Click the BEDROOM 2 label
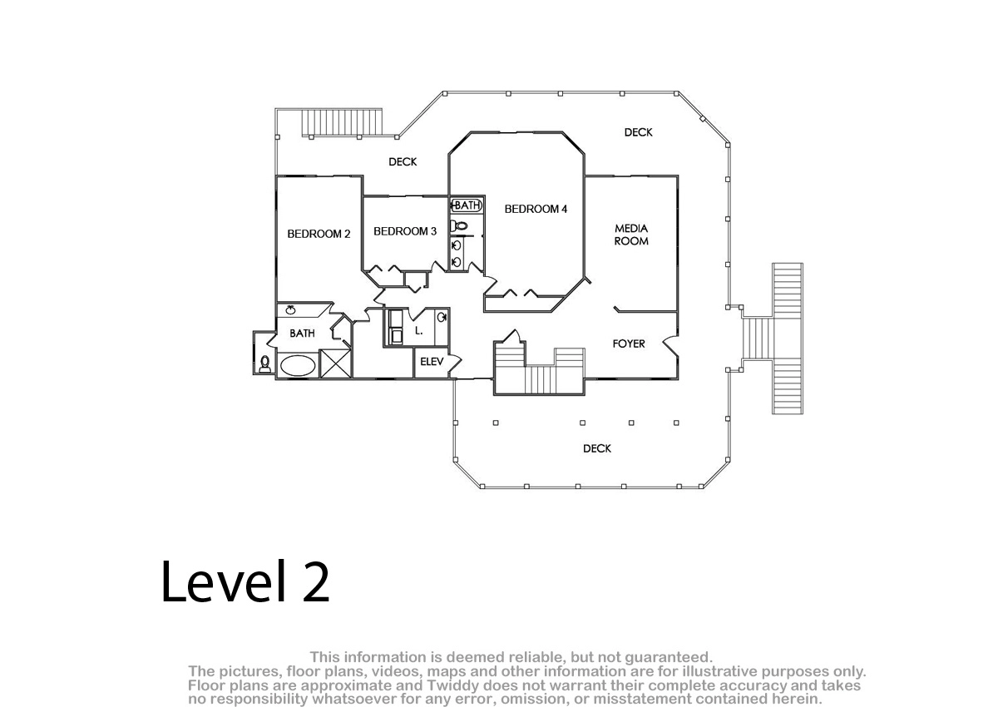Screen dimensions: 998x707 click(x=319, y=234)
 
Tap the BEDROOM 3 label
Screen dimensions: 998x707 click(x=405, y=231)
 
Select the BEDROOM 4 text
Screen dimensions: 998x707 click(x=536, y=209)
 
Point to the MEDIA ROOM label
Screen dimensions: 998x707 click(x=631, y=235)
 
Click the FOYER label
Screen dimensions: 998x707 click(x=629, y=344)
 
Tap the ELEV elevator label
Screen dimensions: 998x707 click(x=432, y=362)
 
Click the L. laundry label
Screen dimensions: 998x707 click(x=418, y=331)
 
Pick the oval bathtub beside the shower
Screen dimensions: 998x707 click(x=298, y=365)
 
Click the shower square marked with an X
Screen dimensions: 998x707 click(x=335, y=363)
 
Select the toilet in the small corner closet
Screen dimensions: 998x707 click(x=265, y=363)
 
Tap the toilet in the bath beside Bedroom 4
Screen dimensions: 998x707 click(x=459, y=226)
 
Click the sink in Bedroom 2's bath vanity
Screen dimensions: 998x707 click(x=291, y=309)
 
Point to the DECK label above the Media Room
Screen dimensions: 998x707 click(x=638, y=132)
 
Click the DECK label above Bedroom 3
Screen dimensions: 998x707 click(x=403, y=161)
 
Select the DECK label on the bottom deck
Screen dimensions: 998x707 click(x=597, y=448)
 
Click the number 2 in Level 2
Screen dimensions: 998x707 click(x=316, y=581)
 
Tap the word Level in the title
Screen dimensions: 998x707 click(x=223, y=581)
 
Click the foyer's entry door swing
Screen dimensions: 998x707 click(x=671, y=347)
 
